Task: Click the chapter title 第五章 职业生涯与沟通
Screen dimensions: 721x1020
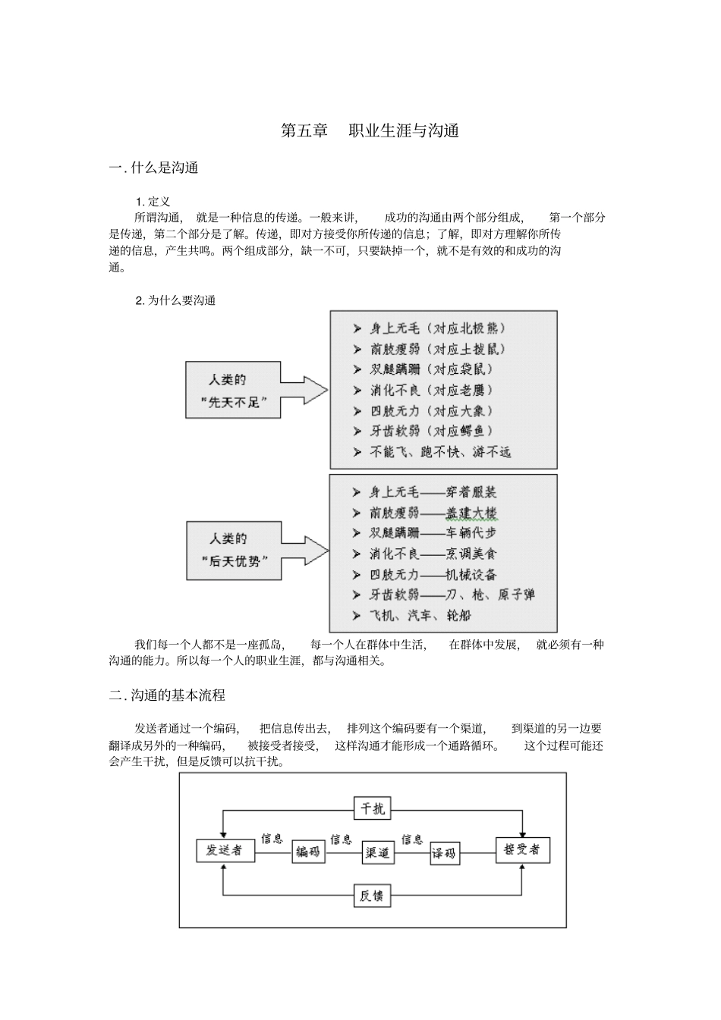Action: [x=370, y=130]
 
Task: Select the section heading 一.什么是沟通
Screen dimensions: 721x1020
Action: [x=154, y=168]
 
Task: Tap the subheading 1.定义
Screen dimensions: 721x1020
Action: [x=153, y=202]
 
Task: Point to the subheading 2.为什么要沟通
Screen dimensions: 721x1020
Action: [x=175, y=300]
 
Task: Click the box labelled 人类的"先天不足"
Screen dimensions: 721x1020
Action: [x=233, y=391]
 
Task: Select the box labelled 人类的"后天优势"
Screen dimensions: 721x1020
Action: [x=234, y=551]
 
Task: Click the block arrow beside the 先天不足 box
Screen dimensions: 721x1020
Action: [x=304, y=391]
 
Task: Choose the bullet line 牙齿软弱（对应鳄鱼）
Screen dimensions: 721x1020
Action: [x=431, y=431]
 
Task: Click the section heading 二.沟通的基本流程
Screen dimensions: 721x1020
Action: [x=167, y=695]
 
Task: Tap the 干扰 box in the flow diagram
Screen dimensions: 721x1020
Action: [x=372, y=808]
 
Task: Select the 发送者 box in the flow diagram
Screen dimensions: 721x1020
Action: [x=225, y=850]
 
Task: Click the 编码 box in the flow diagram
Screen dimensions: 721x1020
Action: [x=308, y=852]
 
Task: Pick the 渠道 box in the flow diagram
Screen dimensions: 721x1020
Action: [x=377, y=852]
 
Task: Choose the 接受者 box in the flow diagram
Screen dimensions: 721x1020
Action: [x=522, y=850]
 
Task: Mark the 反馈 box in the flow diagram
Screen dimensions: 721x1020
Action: [x=372, y=896]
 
